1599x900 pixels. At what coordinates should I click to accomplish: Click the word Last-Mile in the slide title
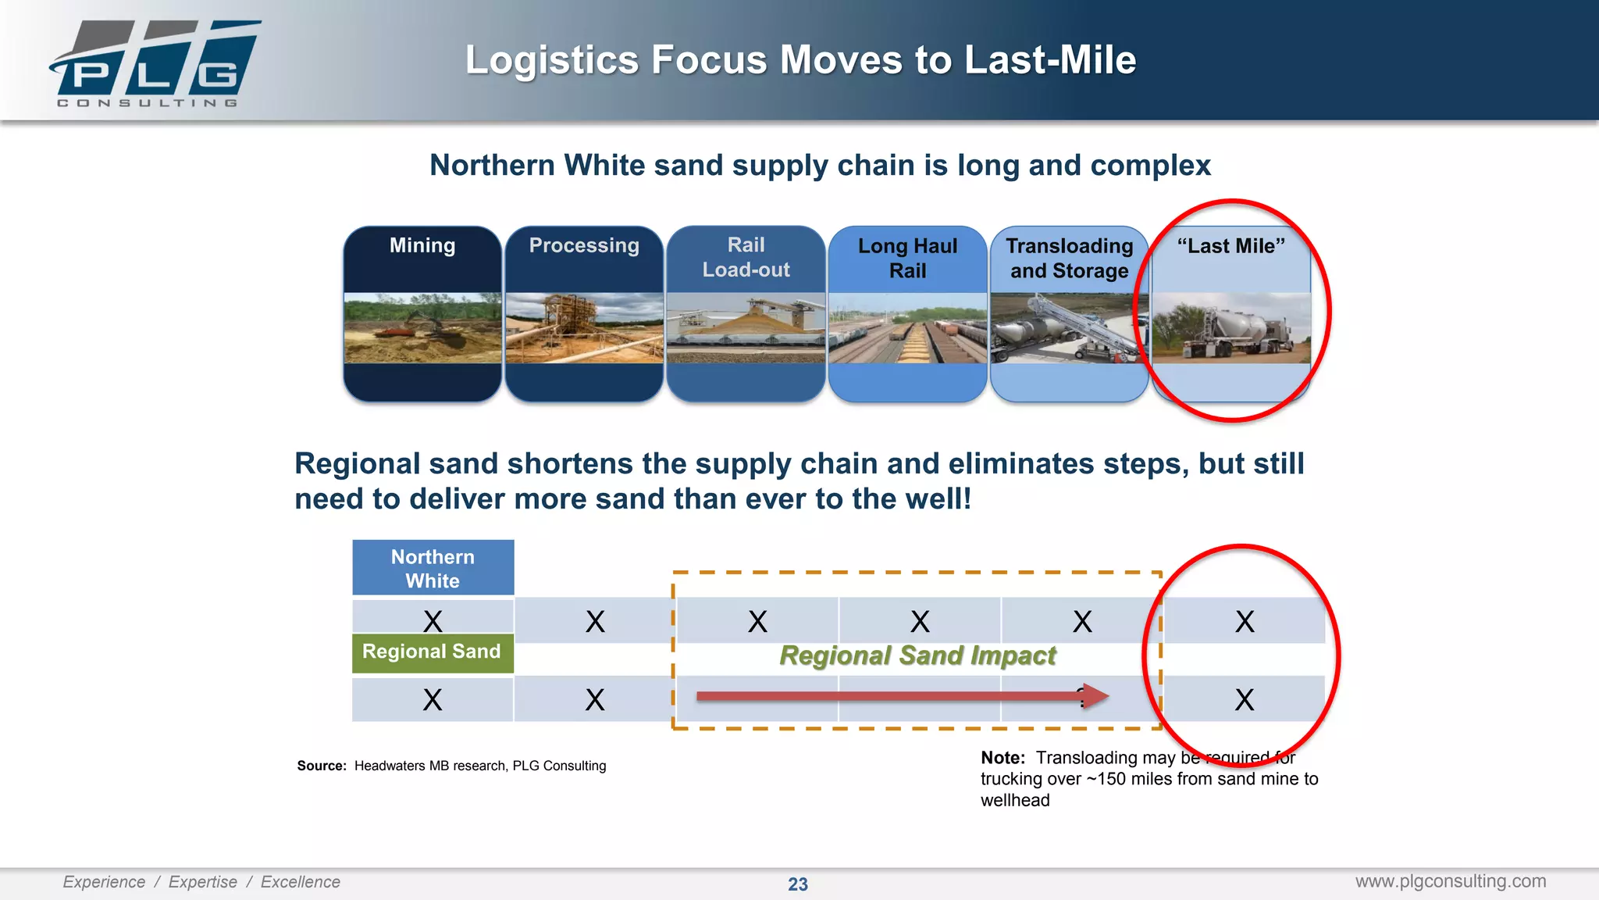click(x=1050, y=60)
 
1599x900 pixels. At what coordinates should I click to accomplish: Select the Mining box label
click(x=422, y=245)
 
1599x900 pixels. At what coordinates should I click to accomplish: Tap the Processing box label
click(x=584, y=245)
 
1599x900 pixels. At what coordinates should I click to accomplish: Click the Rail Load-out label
click(x=746, y=257)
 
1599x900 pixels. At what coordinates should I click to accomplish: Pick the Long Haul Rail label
click(x=907, y=258)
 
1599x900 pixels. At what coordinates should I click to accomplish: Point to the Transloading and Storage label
click(x=1069, y=258)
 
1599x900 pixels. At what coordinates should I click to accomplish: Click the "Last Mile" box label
click(x=1230, y=245)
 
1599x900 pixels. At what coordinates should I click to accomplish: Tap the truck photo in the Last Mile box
click(x=1231, y=328)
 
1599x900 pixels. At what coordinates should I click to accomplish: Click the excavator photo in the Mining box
click(x=422, y=328)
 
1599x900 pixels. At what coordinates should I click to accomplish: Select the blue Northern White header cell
click(x=433, y=568)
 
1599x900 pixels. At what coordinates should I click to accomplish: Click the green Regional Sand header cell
click(x=433, y=652)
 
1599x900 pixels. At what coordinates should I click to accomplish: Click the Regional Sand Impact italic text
click(x=917, y=655)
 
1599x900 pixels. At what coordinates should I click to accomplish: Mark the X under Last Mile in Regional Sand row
click(x=1245, y=699)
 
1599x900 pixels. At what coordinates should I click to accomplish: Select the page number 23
click(x=797, y=884)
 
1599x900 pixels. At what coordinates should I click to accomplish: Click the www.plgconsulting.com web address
click(x=1450, y=881)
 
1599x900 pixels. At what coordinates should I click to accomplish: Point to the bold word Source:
click(x=321, y=766)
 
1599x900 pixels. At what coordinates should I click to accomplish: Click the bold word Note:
click(x=1002, y=758)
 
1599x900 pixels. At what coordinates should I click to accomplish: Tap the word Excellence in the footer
click(x=300, y=882)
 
